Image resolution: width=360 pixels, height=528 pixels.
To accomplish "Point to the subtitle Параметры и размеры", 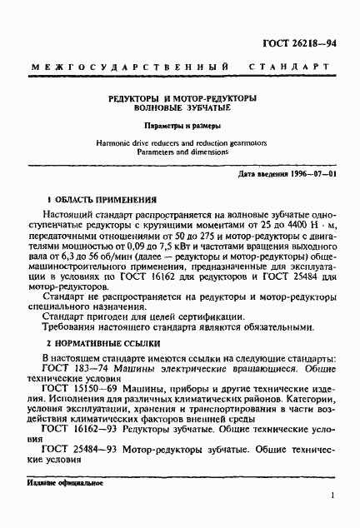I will click(x=181, y=127).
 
